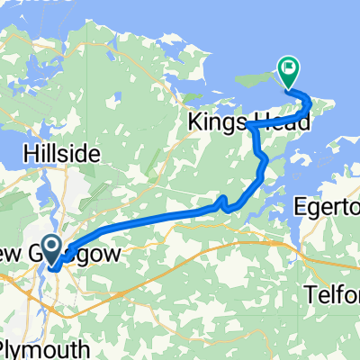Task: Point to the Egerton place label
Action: (x=328, y=209)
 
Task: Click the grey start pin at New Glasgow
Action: (x=50, y=247)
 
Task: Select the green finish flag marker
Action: (x=288, y=68)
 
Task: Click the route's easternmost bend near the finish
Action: (x=309, y=104)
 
